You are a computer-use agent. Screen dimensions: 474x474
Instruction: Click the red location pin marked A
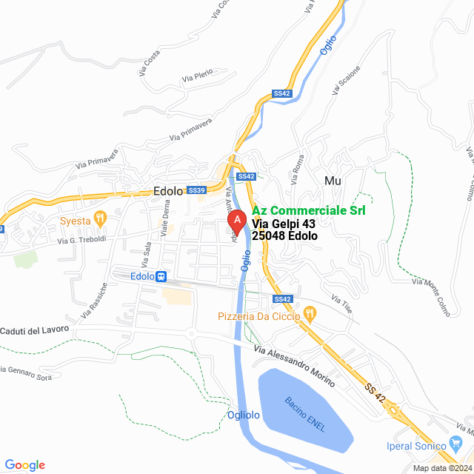(236, 221)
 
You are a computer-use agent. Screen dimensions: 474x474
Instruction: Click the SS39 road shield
(196, 190)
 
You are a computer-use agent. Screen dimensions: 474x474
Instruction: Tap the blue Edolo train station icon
(161, 276)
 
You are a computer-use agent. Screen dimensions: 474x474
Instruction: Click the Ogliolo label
(244, 415)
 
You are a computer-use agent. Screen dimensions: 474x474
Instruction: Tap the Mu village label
(332, 180)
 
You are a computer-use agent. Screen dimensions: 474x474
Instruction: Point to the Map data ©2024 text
(441, 468)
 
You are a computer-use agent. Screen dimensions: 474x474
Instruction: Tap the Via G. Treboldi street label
(83, 240)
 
